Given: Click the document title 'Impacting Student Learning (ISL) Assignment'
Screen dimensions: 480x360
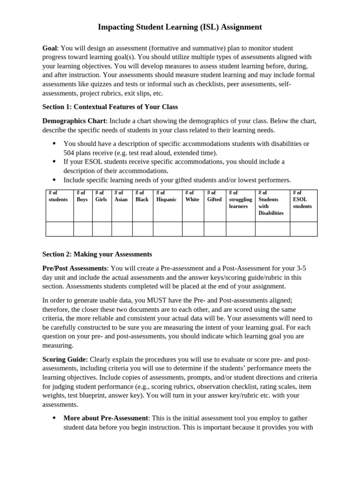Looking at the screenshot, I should [180, 27].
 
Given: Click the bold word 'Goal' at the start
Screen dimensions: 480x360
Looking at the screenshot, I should [50, 48].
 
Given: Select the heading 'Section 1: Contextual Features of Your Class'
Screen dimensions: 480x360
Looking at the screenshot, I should [110, 106].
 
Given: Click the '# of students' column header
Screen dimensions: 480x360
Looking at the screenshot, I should [58, 196].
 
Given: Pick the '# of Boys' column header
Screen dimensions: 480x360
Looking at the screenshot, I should [82, 196].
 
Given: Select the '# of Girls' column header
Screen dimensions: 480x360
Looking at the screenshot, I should [101, 196].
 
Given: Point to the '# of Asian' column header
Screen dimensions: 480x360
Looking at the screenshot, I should [121, 196].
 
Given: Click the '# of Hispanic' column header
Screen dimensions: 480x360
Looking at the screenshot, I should [166, 196].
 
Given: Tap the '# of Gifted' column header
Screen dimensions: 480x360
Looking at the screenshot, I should [214, 196].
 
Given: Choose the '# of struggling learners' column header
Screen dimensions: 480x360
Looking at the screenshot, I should [240, 199].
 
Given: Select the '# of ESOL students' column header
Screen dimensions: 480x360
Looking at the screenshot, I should [302, 199].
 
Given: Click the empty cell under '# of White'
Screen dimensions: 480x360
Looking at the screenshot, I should [193, 229].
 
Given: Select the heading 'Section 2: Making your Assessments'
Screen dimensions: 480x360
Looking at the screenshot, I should [97, 254].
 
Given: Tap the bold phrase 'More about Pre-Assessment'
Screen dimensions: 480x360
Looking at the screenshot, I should [106, 418].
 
